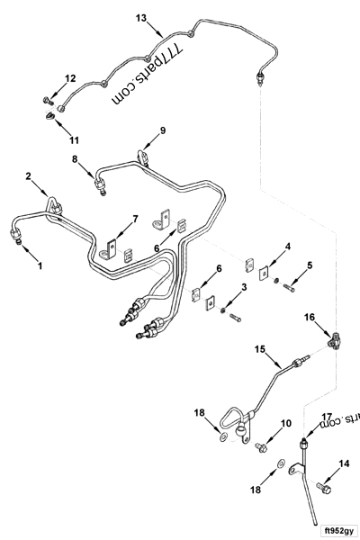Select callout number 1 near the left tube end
39,266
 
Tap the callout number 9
162,131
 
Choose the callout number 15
260,348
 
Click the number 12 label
70,78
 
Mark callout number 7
135,219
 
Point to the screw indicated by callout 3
233,317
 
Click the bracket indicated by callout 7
112,246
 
